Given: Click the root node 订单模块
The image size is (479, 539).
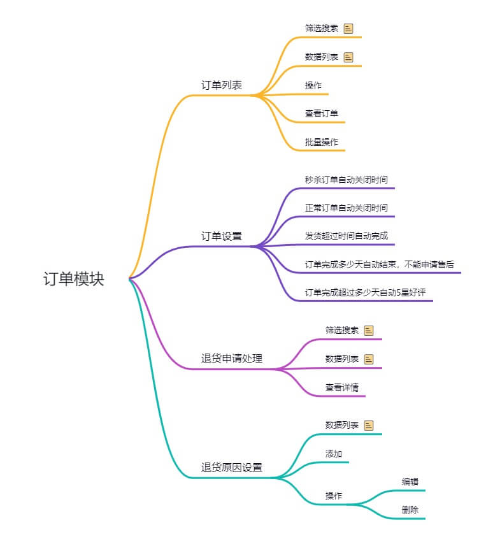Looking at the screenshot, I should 73,279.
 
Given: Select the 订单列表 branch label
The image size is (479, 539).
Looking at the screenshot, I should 221,85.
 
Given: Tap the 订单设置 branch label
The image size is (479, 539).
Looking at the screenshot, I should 221,236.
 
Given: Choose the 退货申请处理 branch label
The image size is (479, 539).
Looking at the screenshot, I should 231,359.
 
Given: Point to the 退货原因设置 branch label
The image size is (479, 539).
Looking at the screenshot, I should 231,467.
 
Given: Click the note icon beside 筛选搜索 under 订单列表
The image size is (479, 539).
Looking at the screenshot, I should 348,28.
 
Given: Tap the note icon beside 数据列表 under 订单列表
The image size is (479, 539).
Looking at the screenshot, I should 348,57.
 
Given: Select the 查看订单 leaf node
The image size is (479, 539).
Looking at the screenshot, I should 321,113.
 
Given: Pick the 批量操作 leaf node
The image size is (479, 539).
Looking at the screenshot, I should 321,141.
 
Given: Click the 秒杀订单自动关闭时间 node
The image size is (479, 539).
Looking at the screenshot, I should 346,179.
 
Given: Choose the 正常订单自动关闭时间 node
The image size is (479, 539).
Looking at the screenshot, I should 346,207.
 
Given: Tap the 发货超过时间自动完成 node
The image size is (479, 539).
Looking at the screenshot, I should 346,236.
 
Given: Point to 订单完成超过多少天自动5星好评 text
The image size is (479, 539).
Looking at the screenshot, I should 364,292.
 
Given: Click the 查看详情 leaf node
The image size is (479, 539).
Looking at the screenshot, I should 342,387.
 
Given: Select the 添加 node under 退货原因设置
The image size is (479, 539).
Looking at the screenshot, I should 334,454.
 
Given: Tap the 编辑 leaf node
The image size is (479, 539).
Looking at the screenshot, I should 410,482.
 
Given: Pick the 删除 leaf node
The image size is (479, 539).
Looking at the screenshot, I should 410,510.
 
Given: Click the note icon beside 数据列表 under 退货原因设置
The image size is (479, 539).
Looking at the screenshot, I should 369,425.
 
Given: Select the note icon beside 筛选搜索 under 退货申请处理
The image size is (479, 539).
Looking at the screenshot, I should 369,330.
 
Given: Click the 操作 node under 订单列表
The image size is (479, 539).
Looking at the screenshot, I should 313,85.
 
